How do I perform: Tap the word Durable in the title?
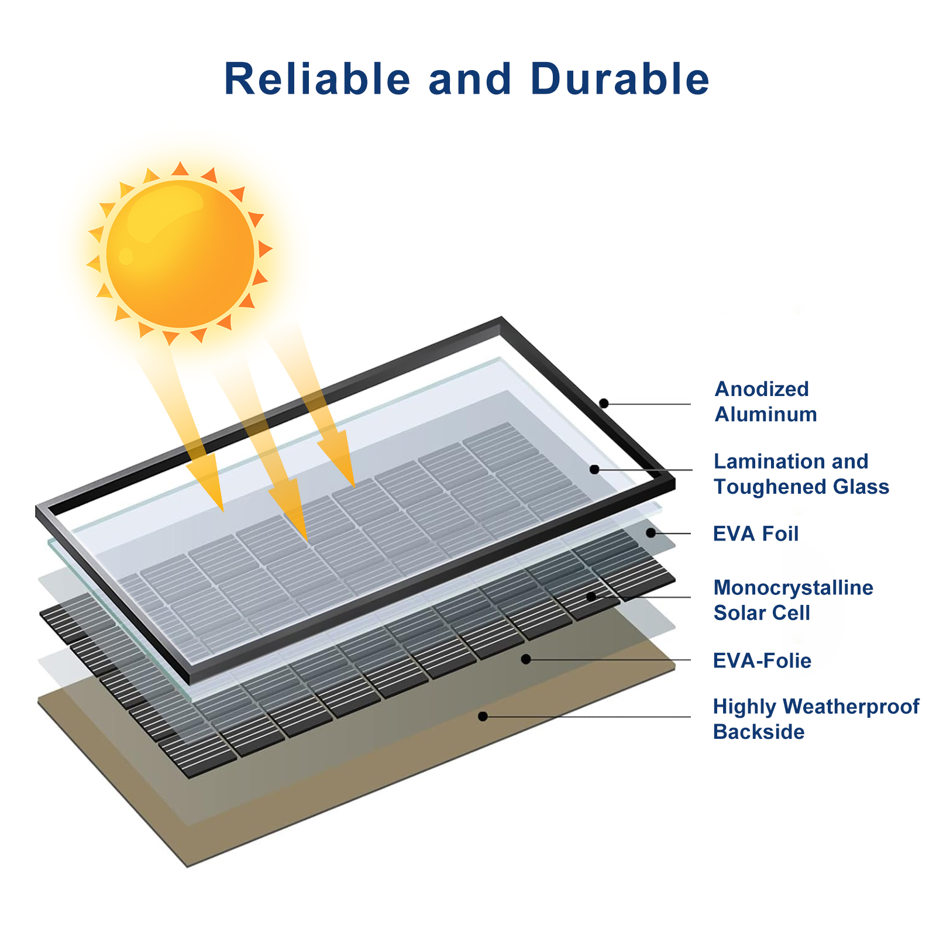click(620, 78)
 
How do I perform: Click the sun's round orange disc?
click(181, 254)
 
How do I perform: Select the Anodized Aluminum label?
click(766, 401)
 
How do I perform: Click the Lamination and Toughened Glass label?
click(801, 474)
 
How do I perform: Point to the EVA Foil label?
click(756, 534)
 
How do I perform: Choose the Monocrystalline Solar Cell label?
click(793, 600)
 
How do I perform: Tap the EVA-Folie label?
click(762, 661)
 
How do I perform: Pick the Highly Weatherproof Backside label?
click(816, 719)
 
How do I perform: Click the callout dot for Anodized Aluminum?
click(604, 403)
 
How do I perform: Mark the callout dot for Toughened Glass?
click(594, 469)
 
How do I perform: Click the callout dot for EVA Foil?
click(651, 533)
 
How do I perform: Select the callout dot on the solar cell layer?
click(591, 596)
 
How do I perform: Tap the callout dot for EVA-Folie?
click(526, 659)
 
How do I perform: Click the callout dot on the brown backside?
click(483, 716)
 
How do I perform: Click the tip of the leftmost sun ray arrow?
click(223, 512)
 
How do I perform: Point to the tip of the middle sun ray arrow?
click(307, 541)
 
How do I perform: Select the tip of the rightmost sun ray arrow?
click(355, 487)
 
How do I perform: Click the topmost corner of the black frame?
click(501, 318)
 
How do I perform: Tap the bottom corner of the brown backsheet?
click(187, 867)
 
